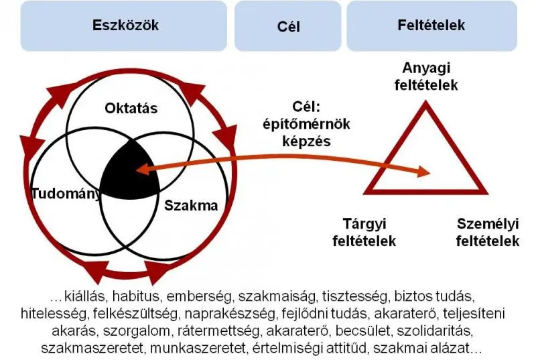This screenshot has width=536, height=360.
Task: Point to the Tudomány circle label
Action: [x=66, y=194]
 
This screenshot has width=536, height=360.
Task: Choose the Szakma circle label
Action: [x=191, y=206]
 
